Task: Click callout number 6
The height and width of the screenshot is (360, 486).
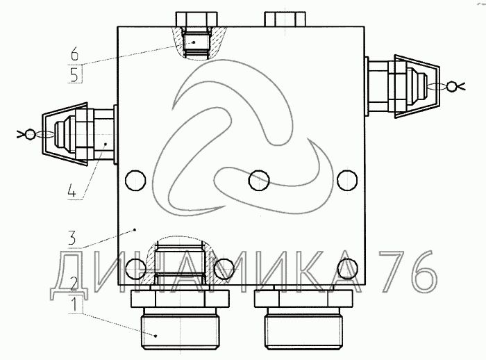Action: coord(74,54)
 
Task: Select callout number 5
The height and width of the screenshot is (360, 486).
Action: coord(74,75)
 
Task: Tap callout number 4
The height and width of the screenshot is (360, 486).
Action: coord(72,190)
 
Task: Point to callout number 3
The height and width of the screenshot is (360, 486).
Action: coord(72,238)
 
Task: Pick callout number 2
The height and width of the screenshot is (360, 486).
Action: coord(73,284)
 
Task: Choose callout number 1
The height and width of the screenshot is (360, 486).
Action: coord(74,304)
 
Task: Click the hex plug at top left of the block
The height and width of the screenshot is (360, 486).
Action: coord(196,19)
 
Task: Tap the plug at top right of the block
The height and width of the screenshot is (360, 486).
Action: coord(285,19)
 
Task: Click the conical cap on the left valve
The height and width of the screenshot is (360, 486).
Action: coord(65,134)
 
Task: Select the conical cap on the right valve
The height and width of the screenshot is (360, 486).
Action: coord(417,87)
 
